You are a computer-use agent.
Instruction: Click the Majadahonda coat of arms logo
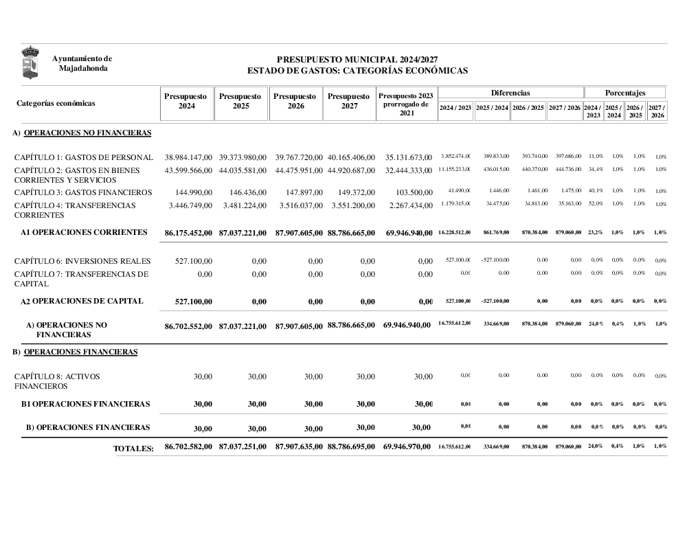[x=30, y=63]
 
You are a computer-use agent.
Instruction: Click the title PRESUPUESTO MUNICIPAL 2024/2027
[x=357, y=60]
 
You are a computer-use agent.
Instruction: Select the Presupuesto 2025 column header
[x=240, y=101]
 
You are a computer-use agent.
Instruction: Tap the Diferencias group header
[x=510, y=92]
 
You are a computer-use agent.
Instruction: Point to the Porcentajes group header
[x=624, y=92]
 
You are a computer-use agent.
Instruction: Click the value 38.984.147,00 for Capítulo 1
[x=188, y=158]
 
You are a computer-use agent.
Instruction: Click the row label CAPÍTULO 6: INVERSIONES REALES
[x=82, y=261]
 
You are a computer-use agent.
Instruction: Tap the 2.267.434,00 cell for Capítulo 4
[x=409, y=205]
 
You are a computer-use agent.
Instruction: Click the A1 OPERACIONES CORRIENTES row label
[x=84, y=232]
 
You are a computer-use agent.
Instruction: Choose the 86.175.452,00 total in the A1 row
[x=188, y=234]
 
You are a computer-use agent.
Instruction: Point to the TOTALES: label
[x=134, y=449]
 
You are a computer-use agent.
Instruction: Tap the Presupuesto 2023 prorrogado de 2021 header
[x=407, y=104]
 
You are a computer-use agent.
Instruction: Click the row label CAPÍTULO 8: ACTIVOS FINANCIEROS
[x=58, y=381]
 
